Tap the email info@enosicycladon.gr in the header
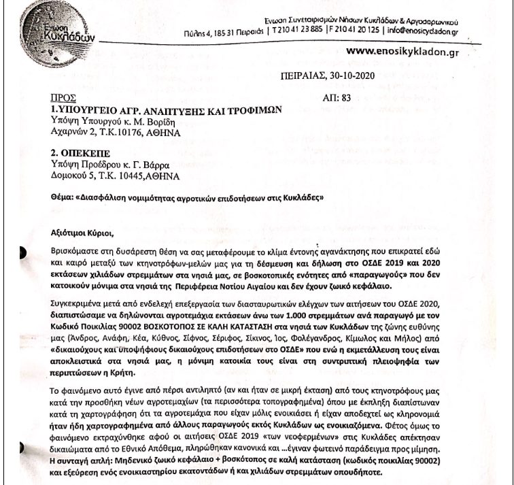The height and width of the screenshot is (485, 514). (422, 31)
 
